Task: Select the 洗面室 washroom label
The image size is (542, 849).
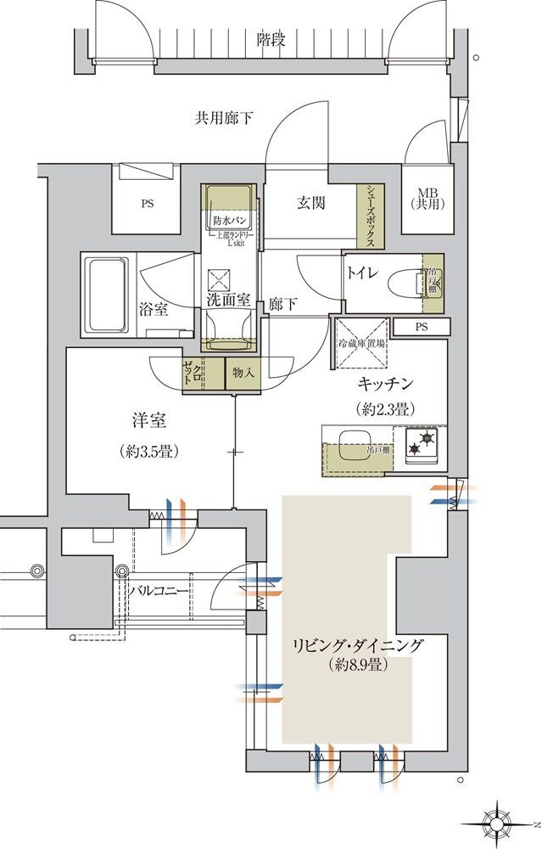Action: coord(228,300)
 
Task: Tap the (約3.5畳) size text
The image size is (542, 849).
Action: coord(148,451)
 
